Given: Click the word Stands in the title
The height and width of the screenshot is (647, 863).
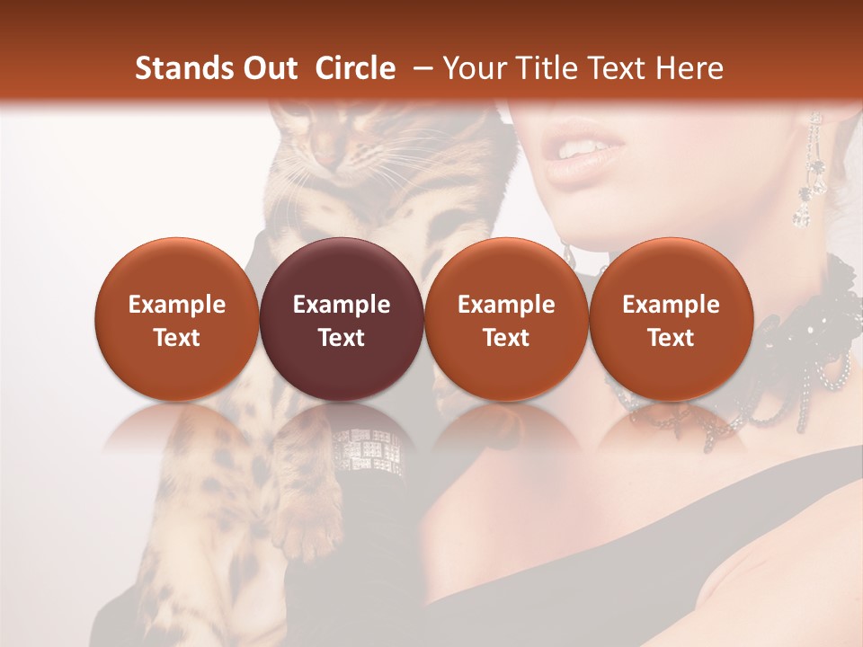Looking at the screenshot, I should click(x=178, y=68).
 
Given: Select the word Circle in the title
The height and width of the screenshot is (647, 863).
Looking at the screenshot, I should click(x=355, y=68).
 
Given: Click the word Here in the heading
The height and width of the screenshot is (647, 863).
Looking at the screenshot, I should click(x=691, y=68).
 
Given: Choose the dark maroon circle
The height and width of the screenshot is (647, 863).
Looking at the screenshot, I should click(x=342, y=320).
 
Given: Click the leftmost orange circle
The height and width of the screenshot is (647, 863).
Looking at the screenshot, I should click(x=177, y=320).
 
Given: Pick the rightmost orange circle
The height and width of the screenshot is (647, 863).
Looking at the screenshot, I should click(x=671, y=320).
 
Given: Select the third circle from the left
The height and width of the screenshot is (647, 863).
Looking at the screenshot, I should click(x=506, y=320).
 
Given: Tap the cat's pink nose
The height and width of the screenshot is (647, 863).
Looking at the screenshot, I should click(x=325, y=157).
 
